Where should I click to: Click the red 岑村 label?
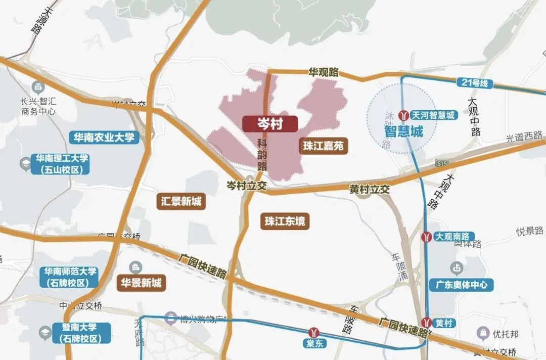tap(269, 124)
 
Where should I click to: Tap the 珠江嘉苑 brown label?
tap(323, 147)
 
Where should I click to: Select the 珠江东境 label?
tap(286, 221)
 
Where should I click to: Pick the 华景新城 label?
tap(142, 283)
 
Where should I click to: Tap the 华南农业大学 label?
tap(104, 137)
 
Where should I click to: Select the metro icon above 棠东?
tap(315, 332)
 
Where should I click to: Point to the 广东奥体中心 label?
tap(461, 285)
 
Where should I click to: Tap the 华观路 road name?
tap(324, 72)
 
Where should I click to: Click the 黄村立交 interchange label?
tap(370, 190)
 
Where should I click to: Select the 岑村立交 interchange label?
tap(246, 186)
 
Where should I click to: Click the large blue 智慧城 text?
tap(403, 132)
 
